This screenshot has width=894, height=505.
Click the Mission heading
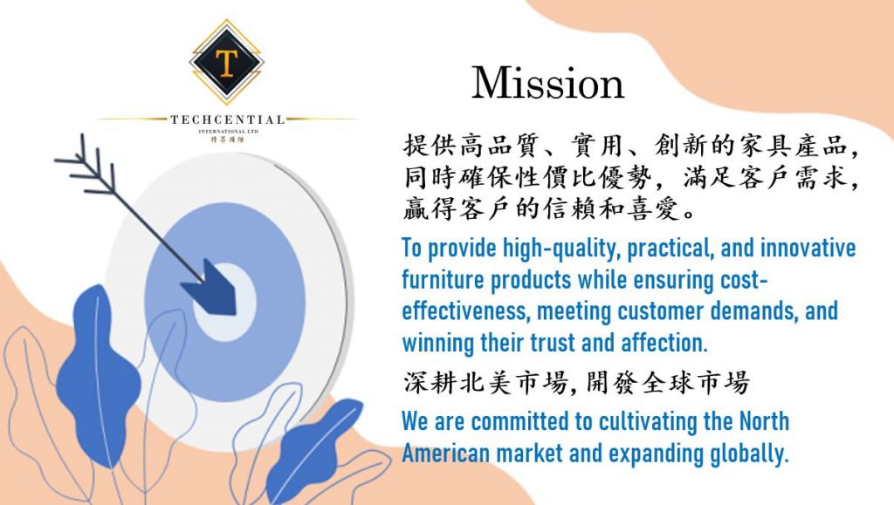pos(548,83)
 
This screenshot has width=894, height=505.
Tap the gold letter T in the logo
pos(226,63)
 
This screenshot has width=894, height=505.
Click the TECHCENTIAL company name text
pos(228,119)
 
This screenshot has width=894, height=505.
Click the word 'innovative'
pos(808,248)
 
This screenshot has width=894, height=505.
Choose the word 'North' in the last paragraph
pos(764,421)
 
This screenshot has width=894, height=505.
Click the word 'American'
pos(446,454)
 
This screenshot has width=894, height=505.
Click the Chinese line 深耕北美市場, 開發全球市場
pos(576,382)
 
